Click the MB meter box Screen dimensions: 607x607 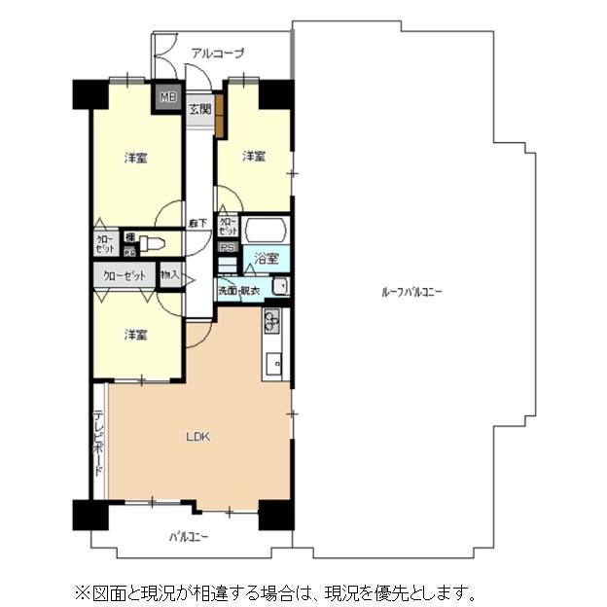(x=168, y=96)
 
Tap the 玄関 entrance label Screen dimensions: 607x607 (x=198, y=109)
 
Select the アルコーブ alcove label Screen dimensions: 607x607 (x=217, y=54)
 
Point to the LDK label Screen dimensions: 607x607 (x=198, y=436)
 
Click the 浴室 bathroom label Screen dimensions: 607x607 (x=267, y=258)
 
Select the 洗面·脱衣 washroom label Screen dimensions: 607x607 (x=238, y=290)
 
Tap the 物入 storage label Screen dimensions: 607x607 (x=170, y=276)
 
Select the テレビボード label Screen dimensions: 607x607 (x=99, y=444)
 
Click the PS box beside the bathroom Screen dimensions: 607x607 (x=228, y=248)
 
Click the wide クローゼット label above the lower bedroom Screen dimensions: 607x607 (x=125, y=276)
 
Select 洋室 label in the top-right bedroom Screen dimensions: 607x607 (x=254, y=156)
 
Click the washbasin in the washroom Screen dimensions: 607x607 (x=279, y=286)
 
